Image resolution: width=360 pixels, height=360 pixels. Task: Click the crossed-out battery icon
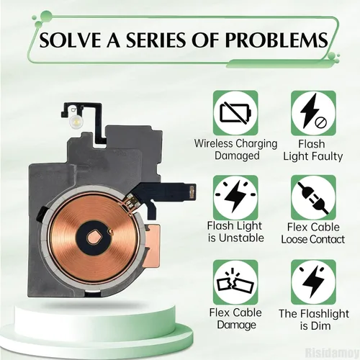[235, 112]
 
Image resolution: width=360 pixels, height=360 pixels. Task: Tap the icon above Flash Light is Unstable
[235, 197]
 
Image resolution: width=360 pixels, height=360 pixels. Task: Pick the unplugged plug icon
[313, 197]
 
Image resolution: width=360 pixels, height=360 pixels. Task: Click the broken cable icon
[235, 282]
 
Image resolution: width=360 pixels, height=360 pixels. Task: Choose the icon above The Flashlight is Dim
[313, 282]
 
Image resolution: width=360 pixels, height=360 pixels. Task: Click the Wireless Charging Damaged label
[235, 149]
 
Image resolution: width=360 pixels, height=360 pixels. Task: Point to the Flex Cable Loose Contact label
[313, 233]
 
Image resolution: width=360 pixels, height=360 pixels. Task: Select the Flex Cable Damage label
[235, 319]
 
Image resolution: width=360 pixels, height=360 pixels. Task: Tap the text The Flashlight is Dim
[314, 320]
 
